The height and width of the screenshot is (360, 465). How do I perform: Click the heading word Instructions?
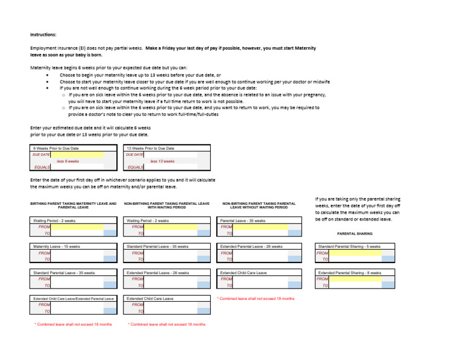click(x=43, y=35)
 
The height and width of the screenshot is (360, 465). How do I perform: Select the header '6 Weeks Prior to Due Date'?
click(x=56, y=148)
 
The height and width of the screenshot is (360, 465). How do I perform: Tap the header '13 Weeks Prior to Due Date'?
click(x=151, y=148)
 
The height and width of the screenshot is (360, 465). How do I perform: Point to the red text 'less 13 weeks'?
click(x=162, y=161)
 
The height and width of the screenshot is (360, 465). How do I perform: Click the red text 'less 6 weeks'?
click(x=68, y=161)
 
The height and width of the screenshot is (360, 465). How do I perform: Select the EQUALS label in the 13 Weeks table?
click(x=136, y=167)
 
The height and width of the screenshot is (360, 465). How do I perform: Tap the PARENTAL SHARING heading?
click(x=355, y=233)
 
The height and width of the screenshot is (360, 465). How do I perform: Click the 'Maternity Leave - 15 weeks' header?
click(x=58, y=247)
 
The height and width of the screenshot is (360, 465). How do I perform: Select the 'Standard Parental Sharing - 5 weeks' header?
click(x=349, y=247)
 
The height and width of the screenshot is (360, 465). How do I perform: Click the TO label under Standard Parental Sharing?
click(x=325, y=259)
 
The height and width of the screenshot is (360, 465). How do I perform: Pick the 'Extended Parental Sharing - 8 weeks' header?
click(x=350, y=273)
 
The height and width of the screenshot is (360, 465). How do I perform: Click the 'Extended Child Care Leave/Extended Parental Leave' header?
click(x=73, y=299)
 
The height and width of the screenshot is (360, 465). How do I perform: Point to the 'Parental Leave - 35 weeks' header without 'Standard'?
click(x=243, y=221)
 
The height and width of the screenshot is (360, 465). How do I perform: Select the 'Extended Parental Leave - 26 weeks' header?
click(x=251, y=247)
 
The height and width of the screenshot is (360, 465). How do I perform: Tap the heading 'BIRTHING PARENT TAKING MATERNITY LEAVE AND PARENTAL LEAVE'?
click(x=73, y=205)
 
